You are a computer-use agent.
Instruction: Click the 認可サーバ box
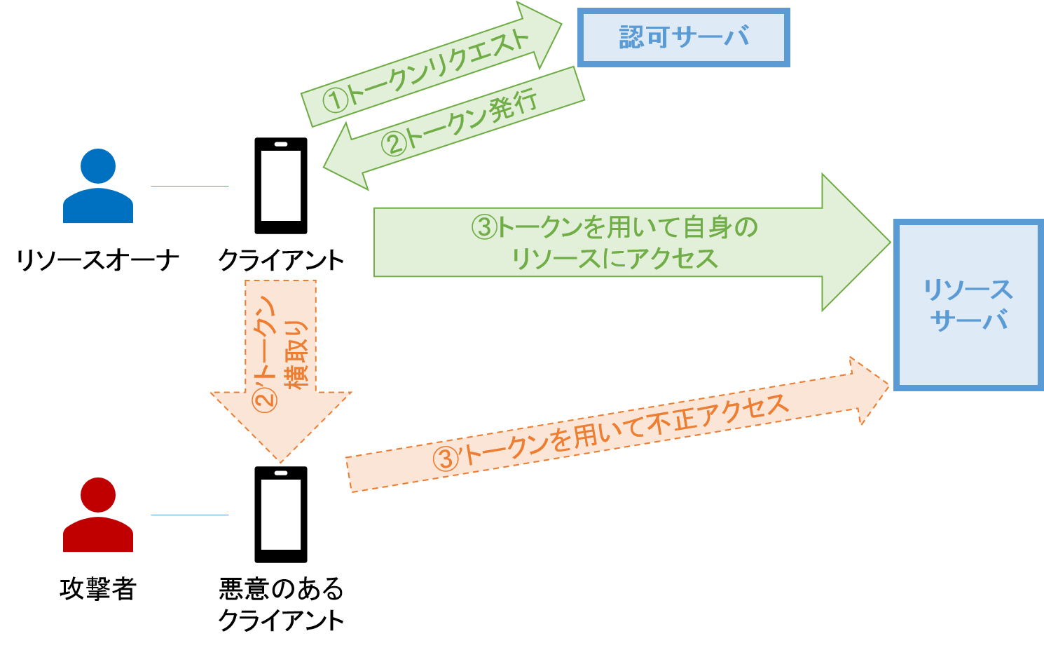[683, 38]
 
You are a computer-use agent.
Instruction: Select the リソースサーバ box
[968, 305]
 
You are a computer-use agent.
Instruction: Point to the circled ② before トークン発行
[393, 144]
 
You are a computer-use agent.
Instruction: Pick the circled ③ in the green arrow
[484, 227]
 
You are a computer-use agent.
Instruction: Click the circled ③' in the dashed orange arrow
[446, 459]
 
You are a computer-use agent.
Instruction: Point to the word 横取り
[295, 354]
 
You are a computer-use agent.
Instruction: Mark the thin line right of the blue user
[190, 186]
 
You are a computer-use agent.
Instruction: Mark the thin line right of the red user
[190, 515]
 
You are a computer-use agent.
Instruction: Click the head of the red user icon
[98, 494]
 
